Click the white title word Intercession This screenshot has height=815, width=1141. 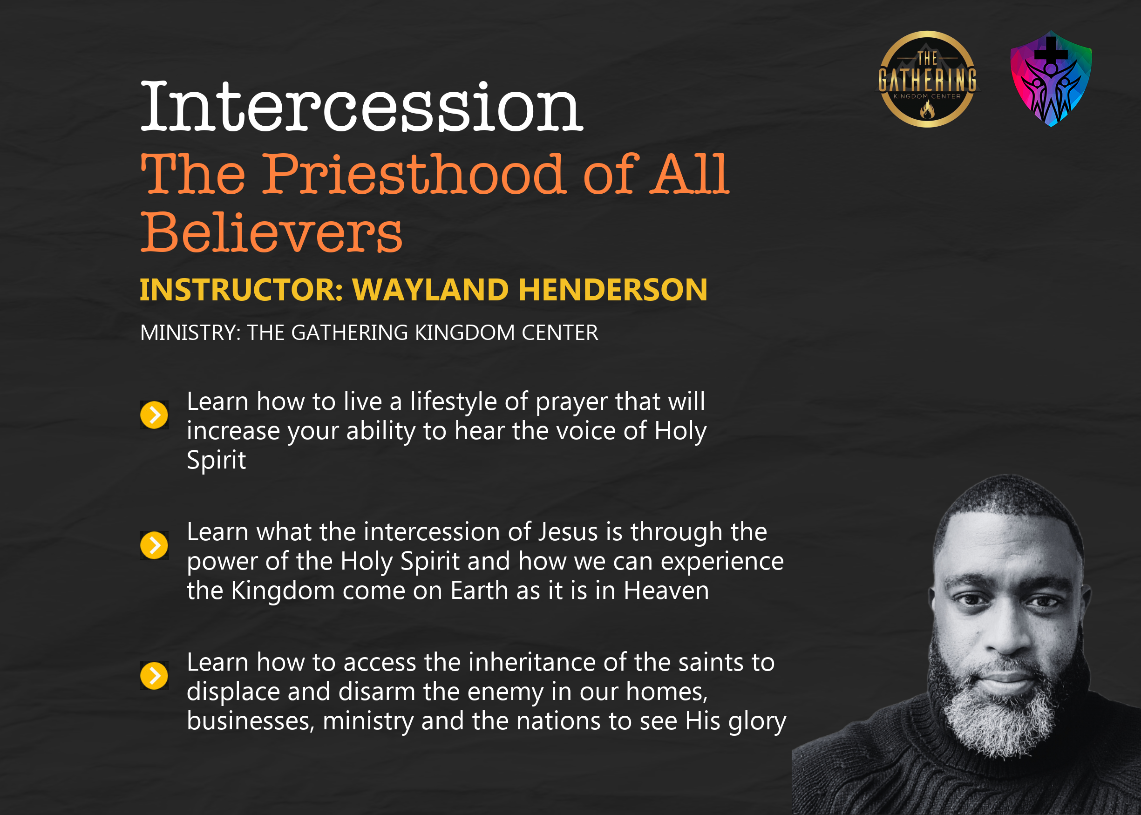click(361, 106)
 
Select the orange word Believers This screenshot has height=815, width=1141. click(271, 232)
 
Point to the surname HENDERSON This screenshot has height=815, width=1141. click(613, 290)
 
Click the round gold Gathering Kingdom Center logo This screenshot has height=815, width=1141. click(927, 79)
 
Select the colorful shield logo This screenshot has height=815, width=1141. click(1051, 79)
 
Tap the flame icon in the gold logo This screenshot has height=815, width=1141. click(927, 109)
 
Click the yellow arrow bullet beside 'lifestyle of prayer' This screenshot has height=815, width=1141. click(154, 415)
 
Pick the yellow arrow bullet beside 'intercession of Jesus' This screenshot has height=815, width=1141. click(154, 545)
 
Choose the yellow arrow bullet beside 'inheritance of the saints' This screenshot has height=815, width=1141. click(154, 675)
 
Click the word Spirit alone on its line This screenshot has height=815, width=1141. click(216, 461)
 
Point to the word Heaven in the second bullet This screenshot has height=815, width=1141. click(666, 591)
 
